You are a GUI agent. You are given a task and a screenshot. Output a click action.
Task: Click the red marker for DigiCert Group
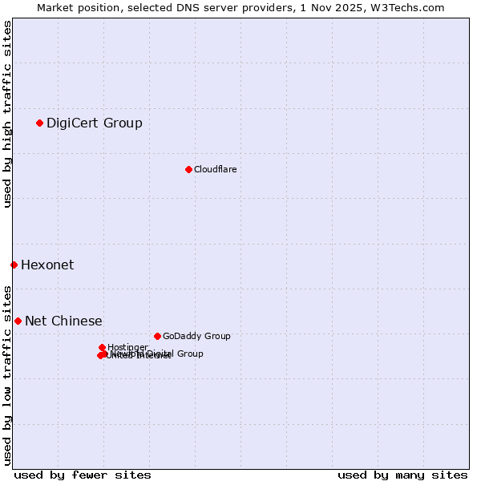pyautogui.click(x=39, y=123)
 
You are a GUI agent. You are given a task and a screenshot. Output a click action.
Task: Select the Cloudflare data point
pyautogui.click(x=188, y=169)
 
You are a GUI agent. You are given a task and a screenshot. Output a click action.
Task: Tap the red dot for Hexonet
pyautogui.click(x=14, y=265)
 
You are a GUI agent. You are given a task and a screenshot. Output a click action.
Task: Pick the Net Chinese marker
pyautogui.click(x=18, y=321)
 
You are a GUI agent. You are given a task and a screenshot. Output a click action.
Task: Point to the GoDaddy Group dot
pyautogui.click(x=157, y=336)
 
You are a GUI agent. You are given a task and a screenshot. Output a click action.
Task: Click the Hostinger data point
pyautogui.click(x=102, y=347)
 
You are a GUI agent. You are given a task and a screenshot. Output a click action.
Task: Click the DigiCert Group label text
pyautogui.click(x=95, y=123)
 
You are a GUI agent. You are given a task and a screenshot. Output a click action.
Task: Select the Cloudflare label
pyautogui.click(x=215, y=169)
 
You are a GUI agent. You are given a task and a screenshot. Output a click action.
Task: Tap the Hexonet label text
pyautogui.click(x=47, y=265)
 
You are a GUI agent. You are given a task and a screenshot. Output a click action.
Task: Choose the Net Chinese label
pyautogui.click(x=63, y=321)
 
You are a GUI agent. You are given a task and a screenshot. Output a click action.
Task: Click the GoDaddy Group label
pyautogui.click(x=196, y=336)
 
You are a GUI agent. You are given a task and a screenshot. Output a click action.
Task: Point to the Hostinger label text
pyautogui.click(x=127, y=347)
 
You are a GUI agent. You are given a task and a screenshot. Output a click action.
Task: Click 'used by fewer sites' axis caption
pyautogui.click(x=83, y=475)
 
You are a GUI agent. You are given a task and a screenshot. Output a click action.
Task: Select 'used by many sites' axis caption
pyautogui.click(x=402, y=475)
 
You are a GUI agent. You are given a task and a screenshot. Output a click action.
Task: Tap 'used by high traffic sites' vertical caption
pyautogui.click(x=7, y=115)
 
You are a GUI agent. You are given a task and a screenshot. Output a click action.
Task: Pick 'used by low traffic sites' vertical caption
pyautogui.click(x=7, y=374)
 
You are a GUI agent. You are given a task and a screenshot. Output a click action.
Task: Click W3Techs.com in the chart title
pyautogui.click(x=410, y=7)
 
